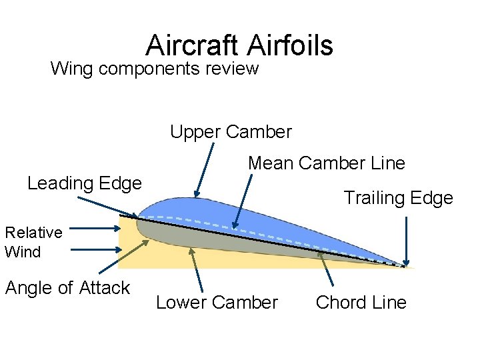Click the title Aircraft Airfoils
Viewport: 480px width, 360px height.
click(x=239, y=45)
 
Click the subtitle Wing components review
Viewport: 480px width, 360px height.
click(x=154, y=68)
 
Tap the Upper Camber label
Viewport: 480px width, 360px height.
click(x=231, y=132)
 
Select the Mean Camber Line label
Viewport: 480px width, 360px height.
click(x=327, y=163)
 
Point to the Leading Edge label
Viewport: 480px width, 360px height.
click(x=85, y=183)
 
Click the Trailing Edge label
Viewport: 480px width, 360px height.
click(x=398, y=197)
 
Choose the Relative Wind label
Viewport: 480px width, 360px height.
click(x=33, y=242)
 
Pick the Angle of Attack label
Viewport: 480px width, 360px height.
click(x=67, y=288)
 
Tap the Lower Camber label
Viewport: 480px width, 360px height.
click(x=217, y=303)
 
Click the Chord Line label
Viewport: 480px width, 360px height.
click(x=361, y=303)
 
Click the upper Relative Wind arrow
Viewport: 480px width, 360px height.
click(x=94, y=229)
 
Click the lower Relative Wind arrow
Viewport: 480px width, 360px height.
click(x=94, y=250)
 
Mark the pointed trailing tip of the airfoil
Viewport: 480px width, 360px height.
click(x=404, y=267)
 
